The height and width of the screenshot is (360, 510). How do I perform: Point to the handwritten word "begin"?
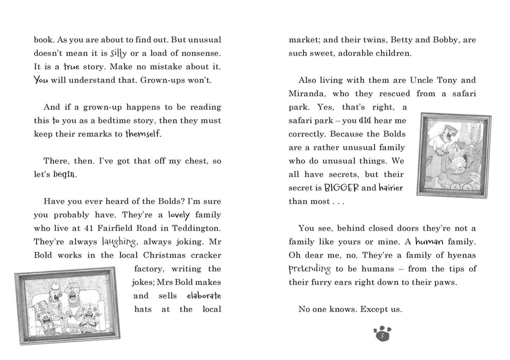(63, 174)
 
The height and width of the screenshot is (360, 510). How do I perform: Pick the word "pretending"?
(309, 268)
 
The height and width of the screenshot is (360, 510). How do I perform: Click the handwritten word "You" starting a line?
(41, 80)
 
